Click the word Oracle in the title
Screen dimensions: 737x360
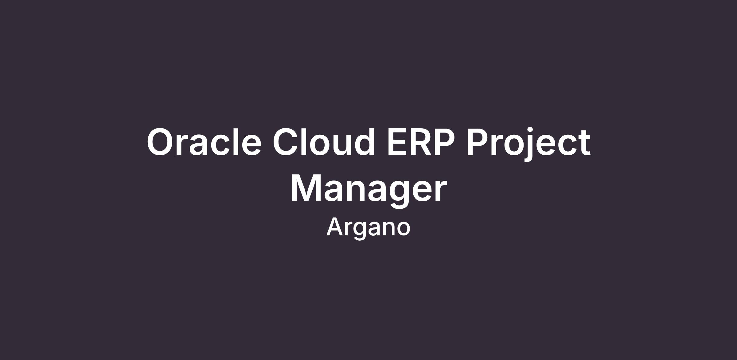click(204, 142)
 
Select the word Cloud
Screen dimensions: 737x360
click(324, 141)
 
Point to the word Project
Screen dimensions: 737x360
click(528, 144)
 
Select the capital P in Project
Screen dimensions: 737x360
click(477, 142)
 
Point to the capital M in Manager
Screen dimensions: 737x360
click(306, 188)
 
